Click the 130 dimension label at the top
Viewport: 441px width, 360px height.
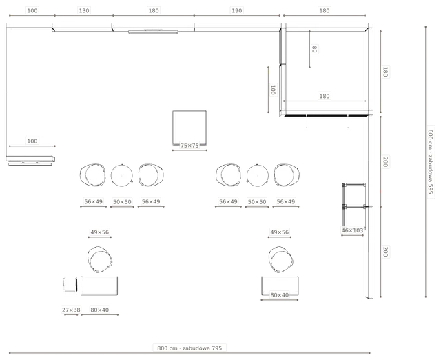click(x=84, y=11)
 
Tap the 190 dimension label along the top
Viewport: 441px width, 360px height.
click(x=236, y=11)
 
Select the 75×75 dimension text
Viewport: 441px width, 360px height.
click(x=189, y=146)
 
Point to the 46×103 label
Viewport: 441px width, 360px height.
click(x=352, y=230)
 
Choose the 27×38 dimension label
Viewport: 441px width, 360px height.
click(x=71, y=310)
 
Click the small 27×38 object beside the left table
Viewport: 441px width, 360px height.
click(x=70, y=285)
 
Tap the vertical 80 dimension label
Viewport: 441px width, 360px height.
click(x=314, y=49)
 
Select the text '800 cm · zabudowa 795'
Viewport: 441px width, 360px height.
click(x=189, y=348)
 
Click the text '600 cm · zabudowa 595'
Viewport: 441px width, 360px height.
click(x=430, y=161)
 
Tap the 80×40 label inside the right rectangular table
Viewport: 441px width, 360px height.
click(x=280, y=295)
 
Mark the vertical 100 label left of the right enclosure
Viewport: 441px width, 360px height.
click(x=273, y=90)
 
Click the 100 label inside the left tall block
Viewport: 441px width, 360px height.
click(x=32, y=141)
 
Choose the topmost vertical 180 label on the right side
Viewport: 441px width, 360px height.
click(x=385, y=72)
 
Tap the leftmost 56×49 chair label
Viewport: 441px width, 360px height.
click(x=94, y=201)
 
